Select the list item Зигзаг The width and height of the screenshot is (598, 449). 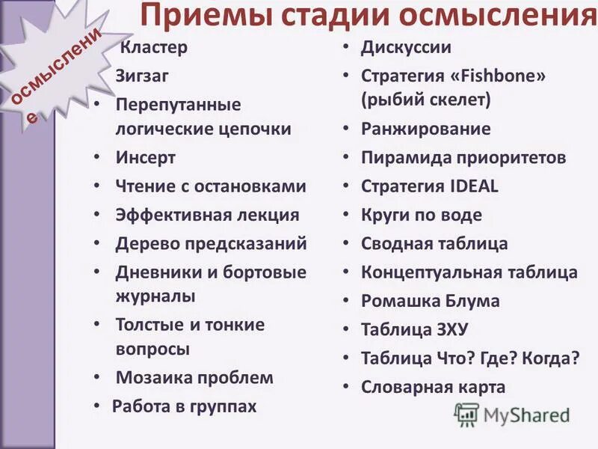[142, 75]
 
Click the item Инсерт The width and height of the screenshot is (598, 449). [146, 158]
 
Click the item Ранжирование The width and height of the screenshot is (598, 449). [426, 129]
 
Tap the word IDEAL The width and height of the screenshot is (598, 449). [473, 186]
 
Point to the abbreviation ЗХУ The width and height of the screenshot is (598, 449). [447, 329]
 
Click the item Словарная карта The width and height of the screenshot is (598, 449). [434, 387]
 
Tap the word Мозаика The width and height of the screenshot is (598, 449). [152, 378]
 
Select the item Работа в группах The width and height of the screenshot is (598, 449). [184, 406]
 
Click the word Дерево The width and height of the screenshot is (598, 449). [145, 243]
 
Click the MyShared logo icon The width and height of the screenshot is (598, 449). [466, 414]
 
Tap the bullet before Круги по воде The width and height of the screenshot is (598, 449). [347, 216]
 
